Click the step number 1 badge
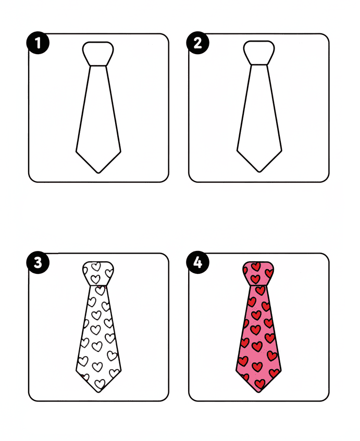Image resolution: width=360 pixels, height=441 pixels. click(x=38, y=43)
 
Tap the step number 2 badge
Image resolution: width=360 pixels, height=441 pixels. click(x=197, y=43)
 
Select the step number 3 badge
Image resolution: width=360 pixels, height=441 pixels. click(x=38, y=263)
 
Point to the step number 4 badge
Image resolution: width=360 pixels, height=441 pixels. click(x=197, y=263)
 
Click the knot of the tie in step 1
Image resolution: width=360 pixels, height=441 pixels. click(x=98, y=53)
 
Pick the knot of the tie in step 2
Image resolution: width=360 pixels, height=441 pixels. click(x=259, y=53)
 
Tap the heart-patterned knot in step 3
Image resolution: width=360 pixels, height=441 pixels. click(x=98, y=273)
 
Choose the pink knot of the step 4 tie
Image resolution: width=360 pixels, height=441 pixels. click(x=259, y=273)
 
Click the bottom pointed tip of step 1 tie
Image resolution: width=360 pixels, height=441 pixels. click(x=98, y=172)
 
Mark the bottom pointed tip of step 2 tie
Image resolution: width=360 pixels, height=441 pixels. click(x=259, y=172)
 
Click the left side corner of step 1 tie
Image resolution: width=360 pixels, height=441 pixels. click(x=77, y=152)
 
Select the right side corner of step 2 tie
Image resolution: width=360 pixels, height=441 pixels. click(x=281, y=152)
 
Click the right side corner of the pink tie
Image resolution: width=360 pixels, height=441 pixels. click(x=281, y=371)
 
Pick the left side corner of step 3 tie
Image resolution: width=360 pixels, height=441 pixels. click(x=77, y=371)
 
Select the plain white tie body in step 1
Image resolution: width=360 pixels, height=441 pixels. click(x=98, y=115)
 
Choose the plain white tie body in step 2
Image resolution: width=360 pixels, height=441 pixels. click(x=259, y=115)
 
